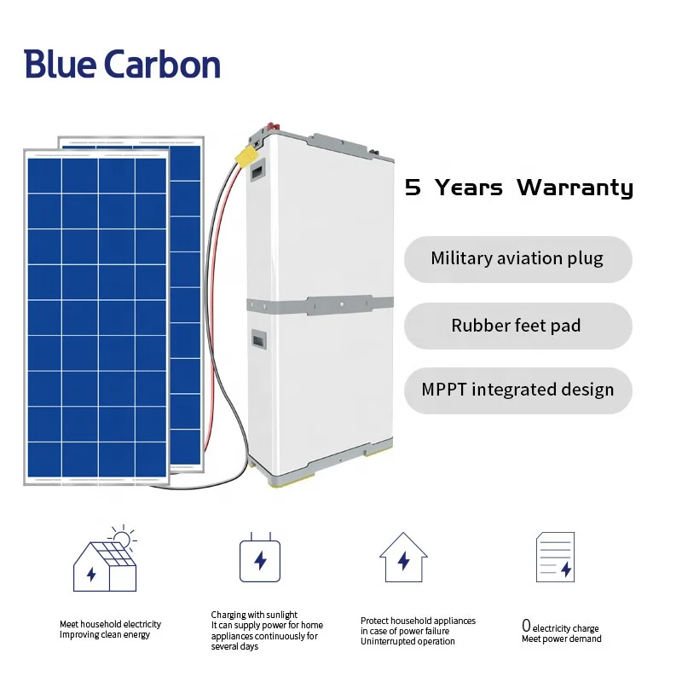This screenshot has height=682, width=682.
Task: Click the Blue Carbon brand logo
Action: coord(122,65)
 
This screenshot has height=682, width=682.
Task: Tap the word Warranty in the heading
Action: coord(575,188)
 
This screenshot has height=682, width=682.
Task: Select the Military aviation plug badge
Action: coord(517,259)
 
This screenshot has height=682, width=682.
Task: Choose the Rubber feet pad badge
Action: coord(517,326)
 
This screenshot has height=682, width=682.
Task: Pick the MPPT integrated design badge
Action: coord(517,390)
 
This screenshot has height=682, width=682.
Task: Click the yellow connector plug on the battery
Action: coord(247,156)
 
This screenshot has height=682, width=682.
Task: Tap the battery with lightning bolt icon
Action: coord(260,558)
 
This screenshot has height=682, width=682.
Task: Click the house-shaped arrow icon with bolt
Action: coord(403,558)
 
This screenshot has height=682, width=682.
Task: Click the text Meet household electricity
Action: coord(110,624)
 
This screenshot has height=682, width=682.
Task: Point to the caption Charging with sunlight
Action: coord(254,615)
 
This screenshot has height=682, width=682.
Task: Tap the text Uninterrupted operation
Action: coord(407,642)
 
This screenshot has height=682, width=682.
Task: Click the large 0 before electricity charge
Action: coord(526,627)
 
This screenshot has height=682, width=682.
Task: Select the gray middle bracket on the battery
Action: coord(320,305)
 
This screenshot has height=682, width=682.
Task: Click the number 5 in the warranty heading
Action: coord(413,188)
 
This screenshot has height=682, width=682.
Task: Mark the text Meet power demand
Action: coord(561,639)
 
